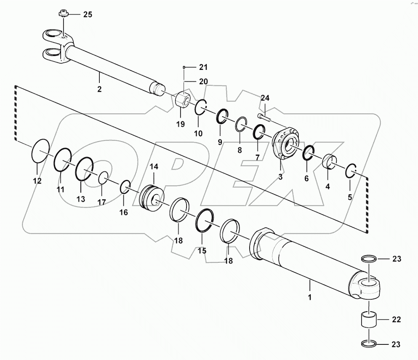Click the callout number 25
click(87, 15)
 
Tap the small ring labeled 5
click(351, 171)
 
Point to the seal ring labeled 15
click(205, 219)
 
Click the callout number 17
click(101, 202)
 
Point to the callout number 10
click(198, 133)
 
